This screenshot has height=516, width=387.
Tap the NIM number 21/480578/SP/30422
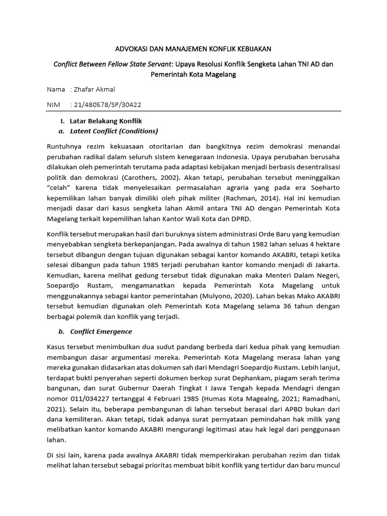point(109,105)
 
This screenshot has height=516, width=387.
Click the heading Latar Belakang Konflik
point(106,121)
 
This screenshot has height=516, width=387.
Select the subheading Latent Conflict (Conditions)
point(114,131)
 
